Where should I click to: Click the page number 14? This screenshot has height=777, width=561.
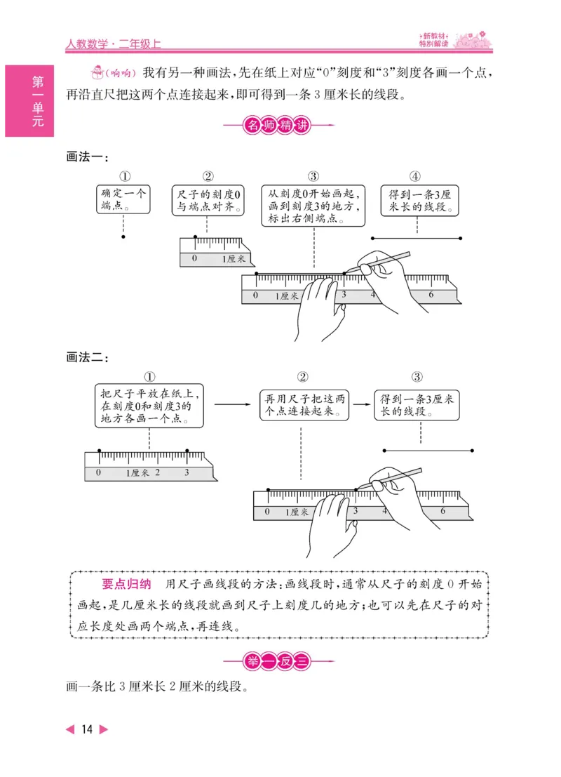[x=87, y=729]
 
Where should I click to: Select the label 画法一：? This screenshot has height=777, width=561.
[x=87, y=157]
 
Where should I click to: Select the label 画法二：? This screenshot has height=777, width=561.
[x=87, y=358]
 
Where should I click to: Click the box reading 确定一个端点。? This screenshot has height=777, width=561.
[x=123, y=199]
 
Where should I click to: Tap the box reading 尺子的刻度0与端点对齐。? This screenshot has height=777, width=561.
[x=208, y=200]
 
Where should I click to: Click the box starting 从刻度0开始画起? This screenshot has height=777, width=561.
[x=313, y=205]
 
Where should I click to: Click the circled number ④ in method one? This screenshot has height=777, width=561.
[x=415, y=176]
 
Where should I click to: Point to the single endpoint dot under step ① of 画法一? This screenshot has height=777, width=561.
[x=123, y=237]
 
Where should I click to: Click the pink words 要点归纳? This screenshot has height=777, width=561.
[x=126, y=584]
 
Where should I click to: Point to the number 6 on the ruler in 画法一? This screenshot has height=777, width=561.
[x=431, y=295]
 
